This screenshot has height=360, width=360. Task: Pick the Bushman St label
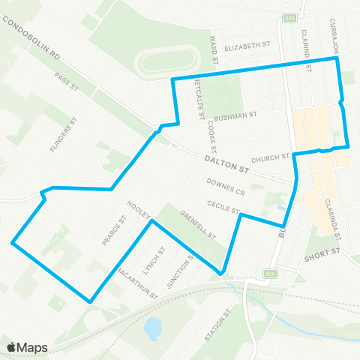click(x=235, y=117)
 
